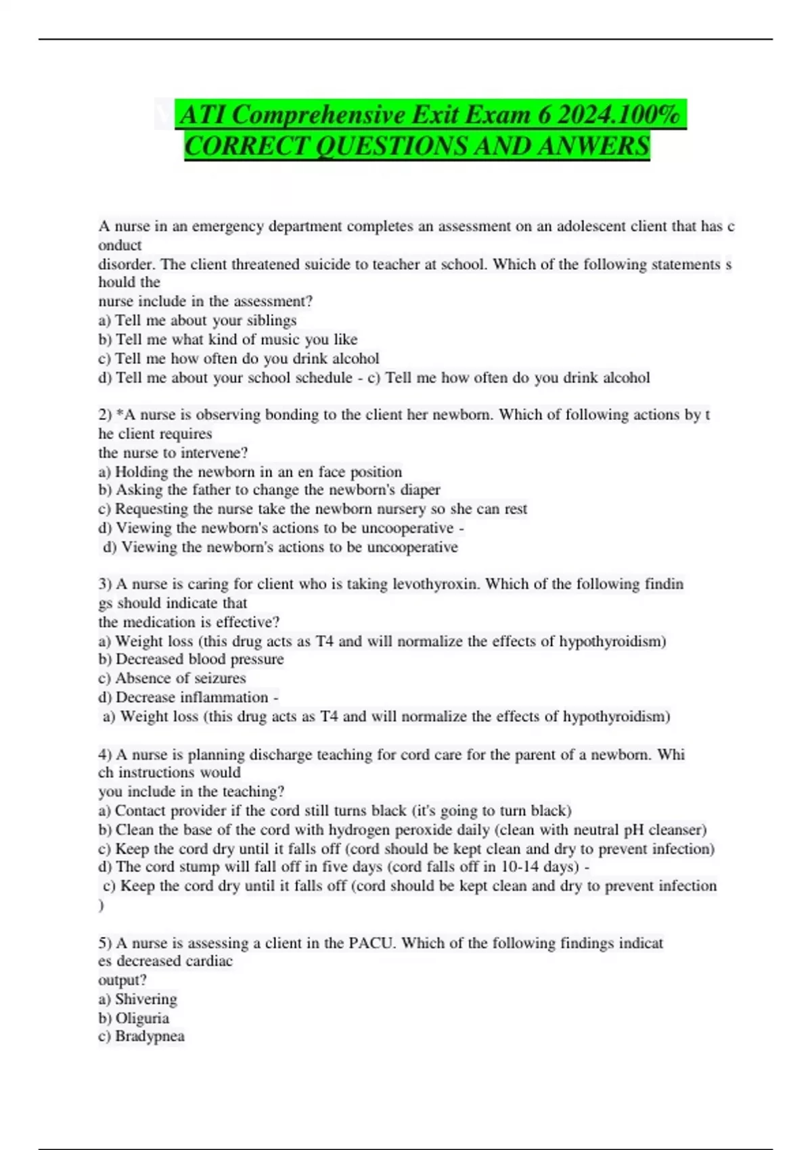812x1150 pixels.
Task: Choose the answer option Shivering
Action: click(x=145, y=999)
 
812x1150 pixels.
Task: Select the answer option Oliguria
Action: click(x=142, y=1018)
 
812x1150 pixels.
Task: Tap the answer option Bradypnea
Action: click(x=149, y=1036)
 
